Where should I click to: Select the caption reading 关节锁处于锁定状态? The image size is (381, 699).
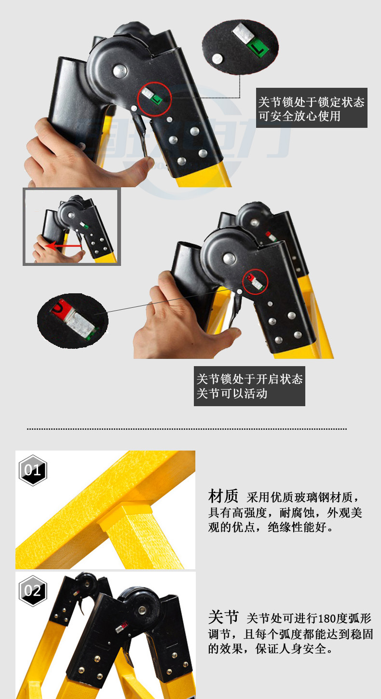pyautogui.click(x=311, y=102)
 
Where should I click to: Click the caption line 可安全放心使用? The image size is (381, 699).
pyautogui.click(x=299, y=116)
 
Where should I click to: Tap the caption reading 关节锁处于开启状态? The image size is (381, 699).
pyautogui.click(x=249, y=379)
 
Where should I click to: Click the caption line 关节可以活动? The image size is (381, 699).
pyautogui.click(x=231, y=394)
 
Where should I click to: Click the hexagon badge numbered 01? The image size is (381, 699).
pyautogui.click(x=33, y=470)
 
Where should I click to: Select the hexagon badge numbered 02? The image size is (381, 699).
pyautogui.click(x=33, y=591)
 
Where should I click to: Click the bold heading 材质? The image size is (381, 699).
pyautogui.click(x=223, y=496)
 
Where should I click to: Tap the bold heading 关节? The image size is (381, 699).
pyautogui.click(x=223, y=617)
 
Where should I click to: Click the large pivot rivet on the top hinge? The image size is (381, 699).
pyautogui.click(x=120, y=71)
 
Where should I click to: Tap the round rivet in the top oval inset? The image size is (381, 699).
pyautogui.click(x=217, y=59)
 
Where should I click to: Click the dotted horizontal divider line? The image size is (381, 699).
pyautogui.click(x=187, y=429)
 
